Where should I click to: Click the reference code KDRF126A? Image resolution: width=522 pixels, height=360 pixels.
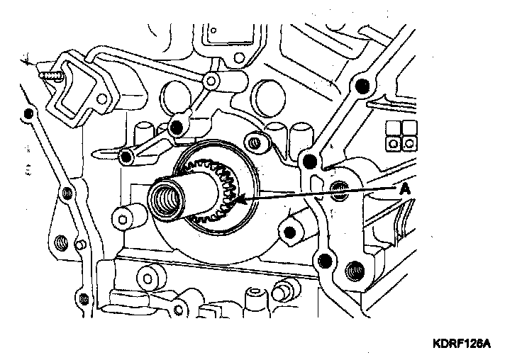point(462,344)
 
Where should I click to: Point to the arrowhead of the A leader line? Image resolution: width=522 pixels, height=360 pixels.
point(243,201)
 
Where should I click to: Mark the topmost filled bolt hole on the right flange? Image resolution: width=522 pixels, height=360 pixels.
point(362,87)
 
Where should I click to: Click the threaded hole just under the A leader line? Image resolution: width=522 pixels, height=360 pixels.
point(339,188)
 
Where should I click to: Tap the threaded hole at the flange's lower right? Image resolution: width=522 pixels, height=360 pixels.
point(352,270)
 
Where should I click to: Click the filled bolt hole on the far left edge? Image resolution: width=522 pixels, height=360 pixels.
point(28,114)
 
